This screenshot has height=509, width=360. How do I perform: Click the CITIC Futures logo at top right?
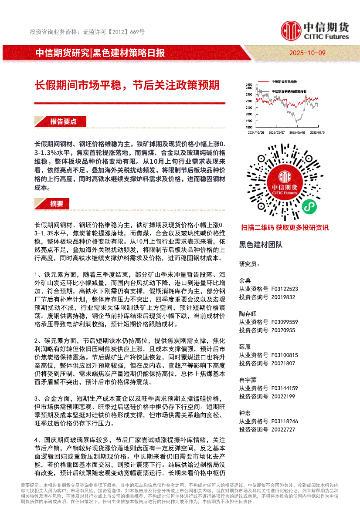point(315,31)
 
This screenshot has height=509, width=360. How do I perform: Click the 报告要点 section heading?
point(63,121)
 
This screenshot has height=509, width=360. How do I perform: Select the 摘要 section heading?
point(57,203)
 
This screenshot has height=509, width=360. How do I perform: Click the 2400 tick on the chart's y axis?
point(248,85)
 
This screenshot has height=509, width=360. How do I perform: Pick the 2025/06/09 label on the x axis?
point(298,132)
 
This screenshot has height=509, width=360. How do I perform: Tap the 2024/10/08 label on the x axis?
point(256,132)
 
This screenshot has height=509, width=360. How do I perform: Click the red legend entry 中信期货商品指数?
point(283,81)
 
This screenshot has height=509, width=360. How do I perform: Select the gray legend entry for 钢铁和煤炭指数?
point(289,91)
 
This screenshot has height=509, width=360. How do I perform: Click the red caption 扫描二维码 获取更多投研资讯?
point(285,227)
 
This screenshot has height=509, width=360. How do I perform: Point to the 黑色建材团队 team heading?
point(261,245)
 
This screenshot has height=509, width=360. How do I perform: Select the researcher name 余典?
point(245,280)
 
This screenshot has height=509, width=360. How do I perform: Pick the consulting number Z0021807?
point(283,363)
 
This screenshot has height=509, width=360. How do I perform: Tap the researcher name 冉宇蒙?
point(248,380)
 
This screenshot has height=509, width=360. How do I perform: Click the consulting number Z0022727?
point(283,429)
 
